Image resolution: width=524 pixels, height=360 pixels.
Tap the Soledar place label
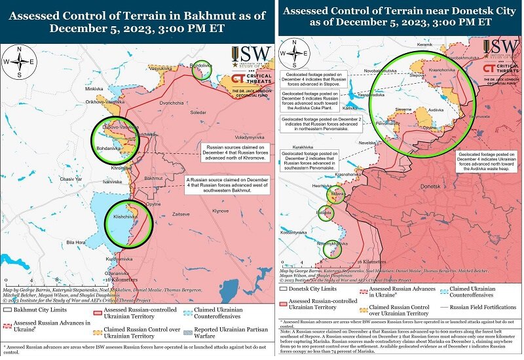click(x=197, y=113)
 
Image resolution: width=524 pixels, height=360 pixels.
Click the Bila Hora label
click(x=77, y=242)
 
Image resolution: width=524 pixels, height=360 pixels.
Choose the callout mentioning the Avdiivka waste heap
click(x=487, y=161)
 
